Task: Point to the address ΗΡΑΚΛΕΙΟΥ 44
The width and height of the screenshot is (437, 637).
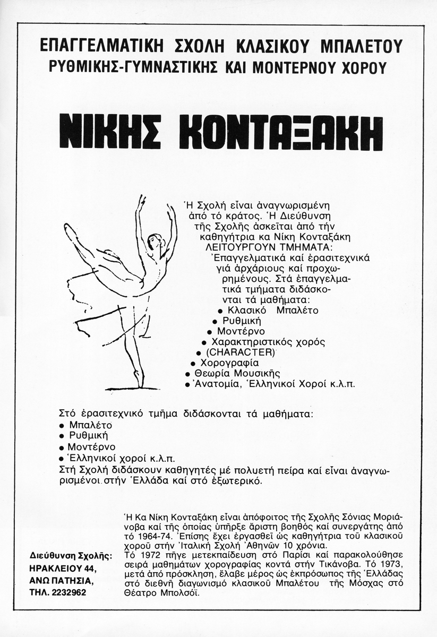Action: (x=63, y=569)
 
